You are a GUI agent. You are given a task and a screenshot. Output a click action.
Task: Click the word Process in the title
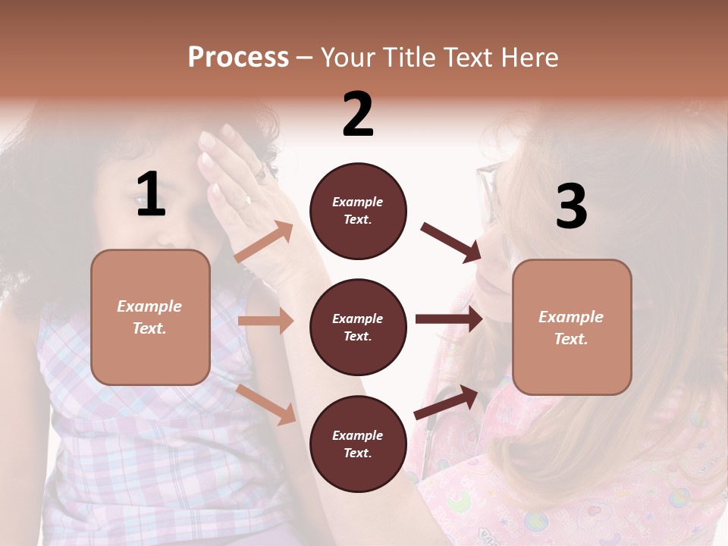pos(238,58)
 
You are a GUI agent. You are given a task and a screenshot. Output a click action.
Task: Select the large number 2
pos(358,115)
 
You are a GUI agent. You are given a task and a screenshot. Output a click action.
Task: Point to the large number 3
pos(571,206)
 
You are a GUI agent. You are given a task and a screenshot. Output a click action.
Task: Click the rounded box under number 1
pos(150,317)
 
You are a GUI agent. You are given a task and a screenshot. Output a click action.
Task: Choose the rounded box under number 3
pos(572,327)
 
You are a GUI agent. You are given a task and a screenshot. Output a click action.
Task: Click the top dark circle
pos(358,211)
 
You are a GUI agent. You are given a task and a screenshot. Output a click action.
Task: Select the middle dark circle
pos(358,327)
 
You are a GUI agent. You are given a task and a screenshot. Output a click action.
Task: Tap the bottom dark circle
pos(358,444)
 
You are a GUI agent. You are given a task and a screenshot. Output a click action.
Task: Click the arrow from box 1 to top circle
pos(265,242)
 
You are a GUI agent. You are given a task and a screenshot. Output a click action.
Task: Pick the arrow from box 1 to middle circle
pos(265,321)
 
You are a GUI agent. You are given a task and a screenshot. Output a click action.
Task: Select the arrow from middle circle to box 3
pos(449,319)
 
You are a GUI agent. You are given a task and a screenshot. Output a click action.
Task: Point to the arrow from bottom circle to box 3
pos(447,403)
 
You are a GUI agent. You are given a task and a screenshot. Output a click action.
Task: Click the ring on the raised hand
pos(246,202)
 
